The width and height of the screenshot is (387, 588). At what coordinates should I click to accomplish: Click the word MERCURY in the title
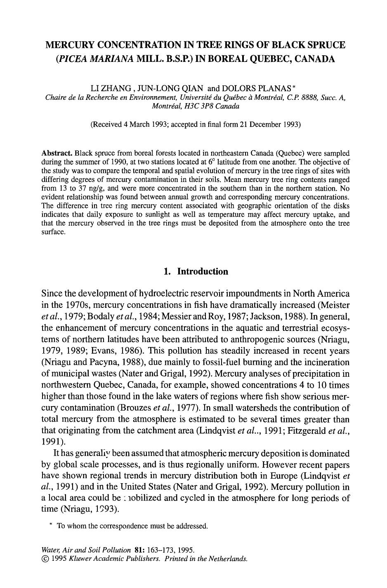(x=66, y=45)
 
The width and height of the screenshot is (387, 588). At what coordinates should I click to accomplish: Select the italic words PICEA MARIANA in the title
(x=94, y=59)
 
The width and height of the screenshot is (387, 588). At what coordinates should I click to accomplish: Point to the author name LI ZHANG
(x=110, y=88)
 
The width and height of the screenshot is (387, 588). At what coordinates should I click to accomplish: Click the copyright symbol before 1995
(x=45, y=559)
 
